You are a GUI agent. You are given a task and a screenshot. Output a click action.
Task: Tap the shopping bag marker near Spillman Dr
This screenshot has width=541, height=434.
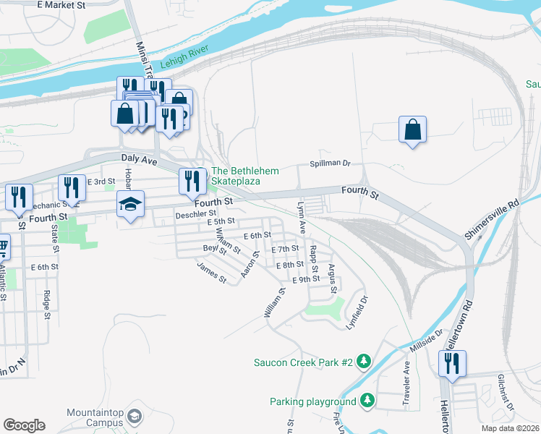tap(412, 130)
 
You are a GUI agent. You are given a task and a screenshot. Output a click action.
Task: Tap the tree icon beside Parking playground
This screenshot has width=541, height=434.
tap(367, 400)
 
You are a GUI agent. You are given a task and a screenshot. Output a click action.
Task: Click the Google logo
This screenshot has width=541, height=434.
tap(24, 425)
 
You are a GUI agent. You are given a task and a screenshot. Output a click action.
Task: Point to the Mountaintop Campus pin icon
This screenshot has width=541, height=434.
tap(135, 417)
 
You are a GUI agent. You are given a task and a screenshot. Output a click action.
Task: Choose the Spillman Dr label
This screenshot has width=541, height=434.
tap(330, 163)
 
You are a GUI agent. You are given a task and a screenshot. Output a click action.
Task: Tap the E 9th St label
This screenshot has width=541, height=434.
tap(305, 279)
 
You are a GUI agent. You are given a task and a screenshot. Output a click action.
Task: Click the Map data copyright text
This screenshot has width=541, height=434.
tap(511, 427)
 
